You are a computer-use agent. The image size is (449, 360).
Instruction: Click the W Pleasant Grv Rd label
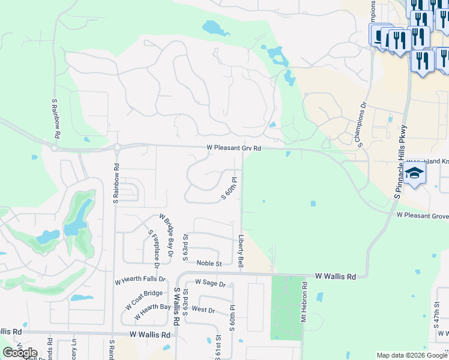pyautogui.click(x=234, y=148)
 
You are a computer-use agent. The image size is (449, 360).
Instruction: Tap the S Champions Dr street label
pyautogui.click(x=360, y=124)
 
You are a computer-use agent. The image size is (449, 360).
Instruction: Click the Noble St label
pyautogui.click(x=210, y=263)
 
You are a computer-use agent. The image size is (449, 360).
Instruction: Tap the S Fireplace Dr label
pyautogui.click(x=154, y=248)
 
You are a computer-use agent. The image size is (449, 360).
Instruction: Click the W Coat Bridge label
pyautogui.click(x=144, y=299)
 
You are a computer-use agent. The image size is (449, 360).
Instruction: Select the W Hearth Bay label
pyautogui.click(x=152, y=312)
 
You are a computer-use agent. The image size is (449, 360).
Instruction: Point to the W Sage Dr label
pyautogui.click(x=209, y=284)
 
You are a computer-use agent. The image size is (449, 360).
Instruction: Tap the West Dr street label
pyautogui.click(x=203, y=310)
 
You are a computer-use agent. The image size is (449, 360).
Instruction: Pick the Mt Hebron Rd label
pyautogui.click(x=305, y=305)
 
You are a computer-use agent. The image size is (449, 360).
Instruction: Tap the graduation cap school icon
pyautogui.click(x=414, y=175)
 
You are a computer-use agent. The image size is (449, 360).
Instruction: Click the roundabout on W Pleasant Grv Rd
pyautogui.click(x=118, y=147)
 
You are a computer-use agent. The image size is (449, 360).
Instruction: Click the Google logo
pyautogui.click(x=20, y=353)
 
